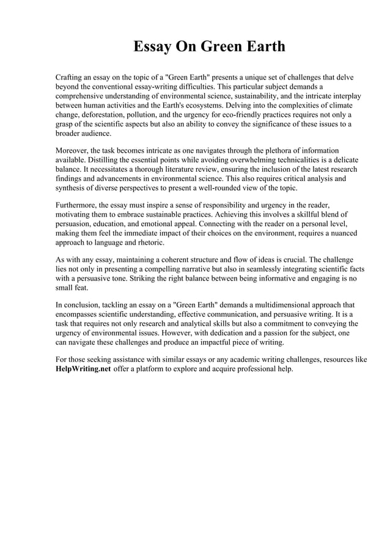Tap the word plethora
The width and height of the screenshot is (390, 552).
pos(253,149)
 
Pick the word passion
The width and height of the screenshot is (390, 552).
pos(292,332)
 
